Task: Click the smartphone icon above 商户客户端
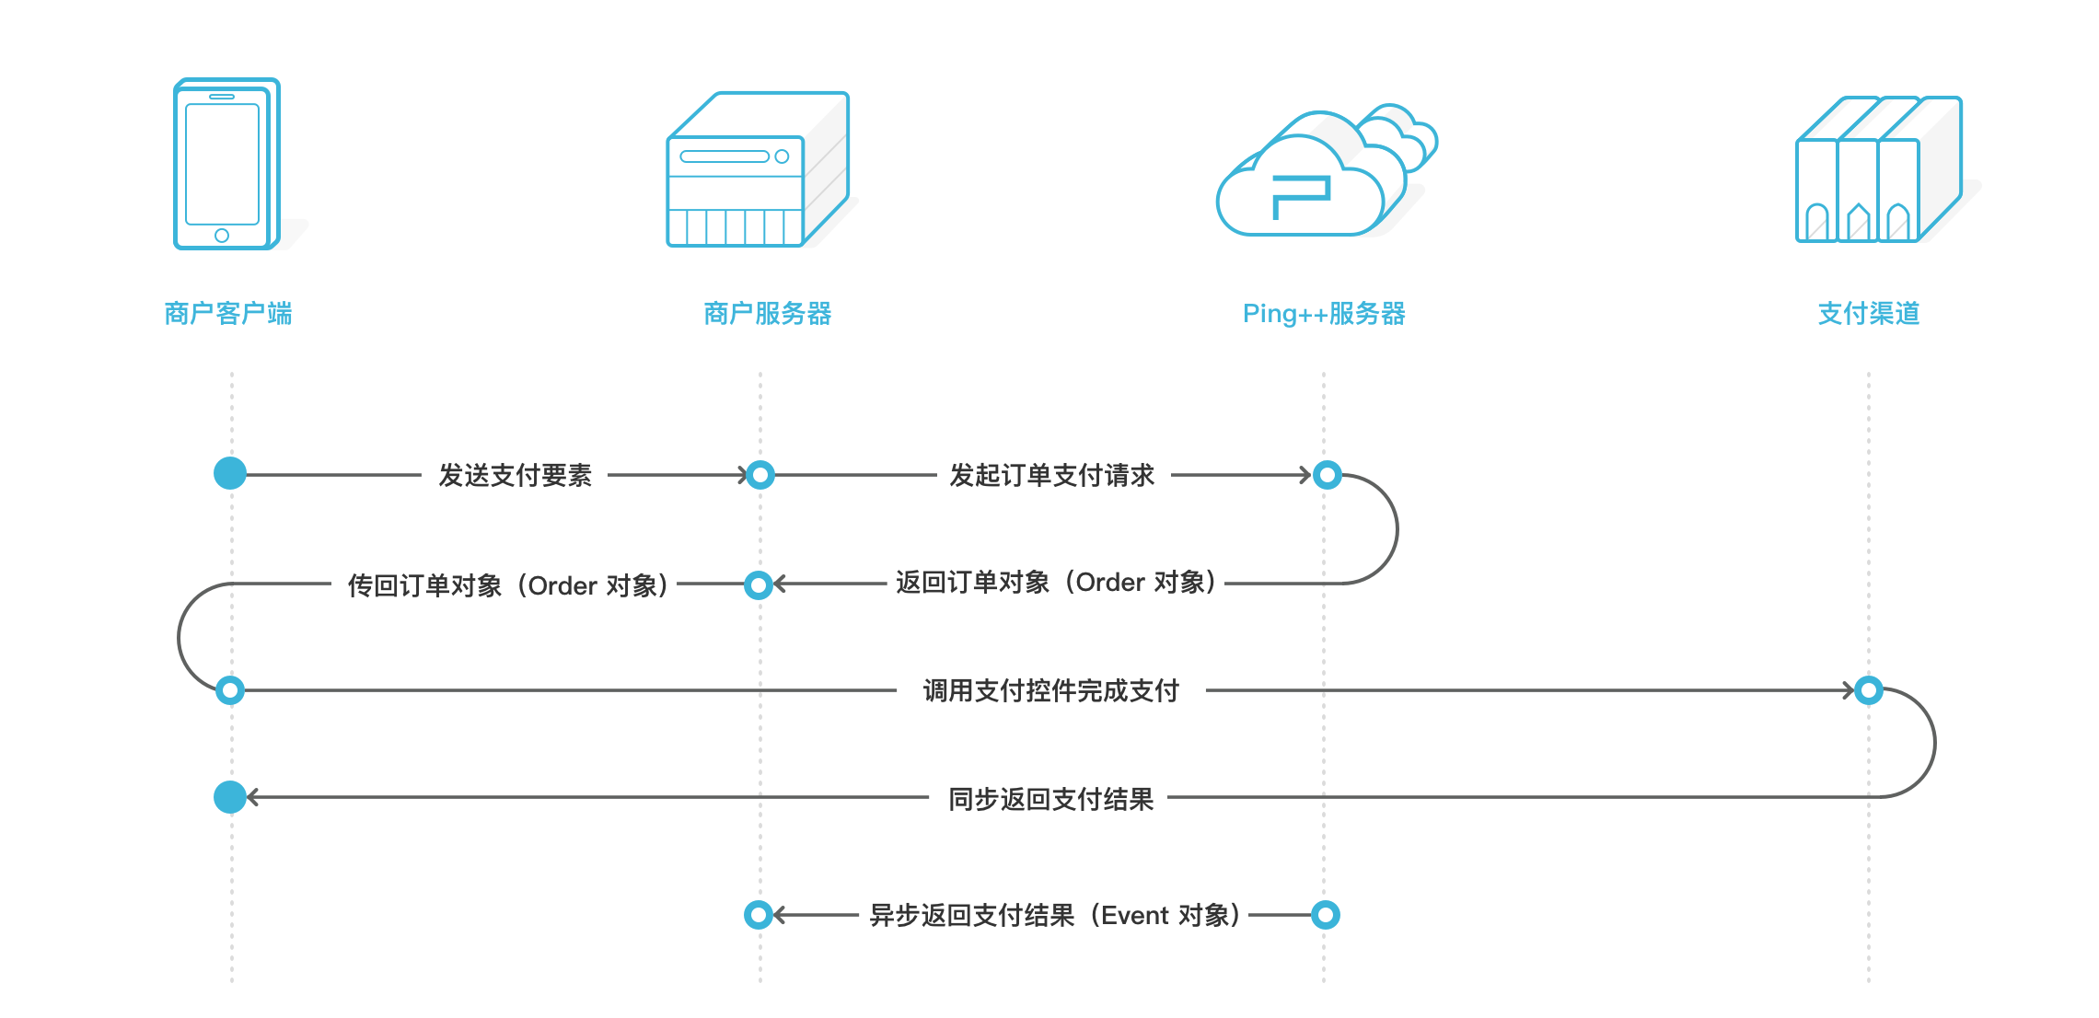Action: click(226, 164)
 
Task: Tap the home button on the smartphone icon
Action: click(222, 236)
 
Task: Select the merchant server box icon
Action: click(757, 170)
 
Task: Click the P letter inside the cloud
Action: click(1300, 196)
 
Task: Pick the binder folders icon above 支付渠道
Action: click(1878, 170)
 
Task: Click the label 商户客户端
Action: click(228, 314)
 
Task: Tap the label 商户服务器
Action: click(767, 314)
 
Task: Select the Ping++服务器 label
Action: click(1323, 314)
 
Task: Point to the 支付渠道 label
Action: click(1868, 314)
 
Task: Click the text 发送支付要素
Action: click(515, 476)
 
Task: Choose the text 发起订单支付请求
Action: click(1051, 476)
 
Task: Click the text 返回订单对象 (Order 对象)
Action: click(1055, 583)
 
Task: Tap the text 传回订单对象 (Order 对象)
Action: click(507, 585)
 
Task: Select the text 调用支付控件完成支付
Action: click(1050, 690)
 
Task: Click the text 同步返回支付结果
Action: click(1050, 799)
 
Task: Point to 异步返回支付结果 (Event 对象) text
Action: click(1055, 916)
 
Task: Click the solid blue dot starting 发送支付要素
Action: click(230, 474)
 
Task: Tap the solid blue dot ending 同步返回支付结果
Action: click(230, 797)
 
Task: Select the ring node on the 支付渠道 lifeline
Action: click(1869, 690)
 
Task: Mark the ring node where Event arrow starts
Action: click(1325, 915)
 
